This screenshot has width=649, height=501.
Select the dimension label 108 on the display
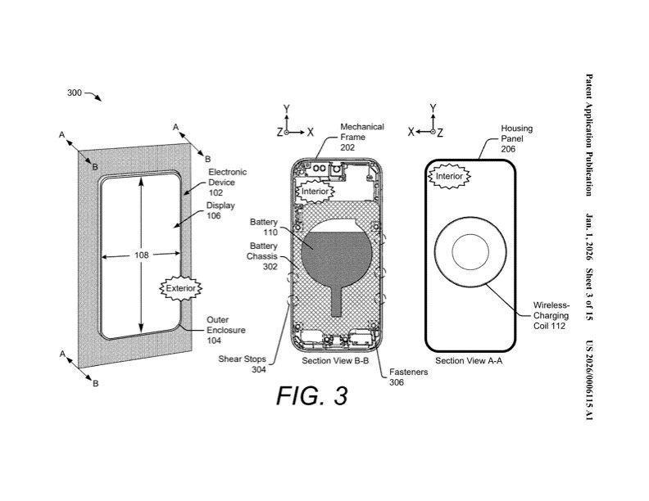141,255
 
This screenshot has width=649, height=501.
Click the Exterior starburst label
179,288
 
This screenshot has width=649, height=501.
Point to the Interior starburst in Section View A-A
450,176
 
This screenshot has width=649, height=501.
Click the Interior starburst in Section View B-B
315,192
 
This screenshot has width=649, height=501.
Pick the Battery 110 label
265,227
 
